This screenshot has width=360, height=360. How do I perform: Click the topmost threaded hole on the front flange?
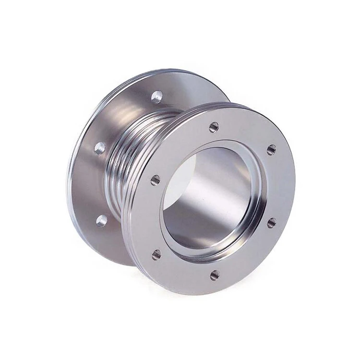click(x=214, y=127)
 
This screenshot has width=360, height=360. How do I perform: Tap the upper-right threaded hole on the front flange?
click(x=271, y=149)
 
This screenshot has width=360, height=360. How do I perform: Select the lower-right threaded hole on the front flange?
click(x=272, y=222)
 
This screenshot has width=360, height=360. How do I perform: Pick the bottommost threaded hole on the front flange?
click(x=215, y=275)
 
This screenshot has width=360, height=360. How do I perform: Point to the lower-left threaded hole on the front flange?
click(x=156, y=254)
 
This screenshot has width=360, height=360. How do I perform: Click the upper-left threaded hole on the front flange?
click(x=155, y=180)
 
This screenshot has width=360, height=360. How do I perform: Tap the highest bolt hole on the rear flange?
click(x=156, y=97)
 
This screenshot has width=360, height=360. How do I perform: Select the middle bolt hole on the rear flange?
click(x=100, y=147)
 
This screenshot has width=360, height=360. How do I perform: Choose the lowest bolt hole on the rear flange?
click(x=101, y=220)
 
